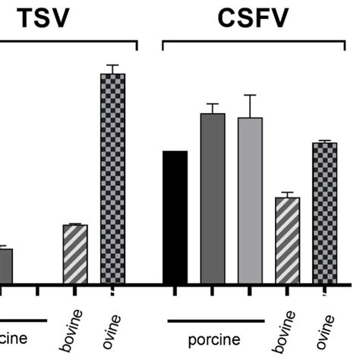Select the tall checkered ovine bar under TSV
[112, 178]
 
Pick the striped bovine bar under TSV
[75, 254]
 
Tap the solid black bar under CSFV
[175, 218]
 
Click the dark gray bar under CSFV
[213, 199]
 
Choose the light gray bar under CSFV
[250, 201]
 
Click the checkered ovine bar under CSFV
[325, 213]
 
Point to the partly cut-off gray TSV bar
[6, 267]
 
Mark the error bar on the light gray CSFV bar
[250, 106]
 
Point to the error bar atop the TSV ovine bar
[112, 69]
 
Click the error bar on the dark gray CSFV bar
[213, 108]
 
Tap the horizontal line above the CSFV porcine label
[215, 321]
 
